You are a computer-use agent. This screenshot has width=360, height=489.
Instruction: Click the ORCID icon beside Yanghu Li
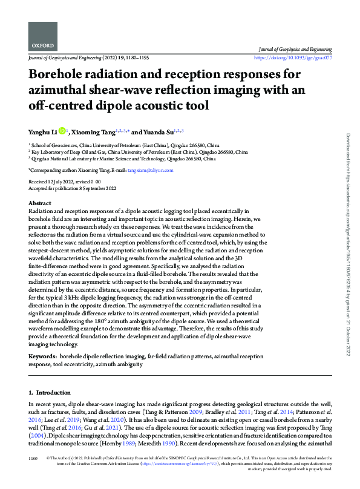point(64,131)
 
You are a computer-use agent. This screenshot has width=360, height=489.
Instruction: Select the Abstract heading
point(39,203)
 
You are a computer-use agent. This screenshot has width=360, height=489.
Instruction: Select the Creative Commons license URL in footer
point(170,464)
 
